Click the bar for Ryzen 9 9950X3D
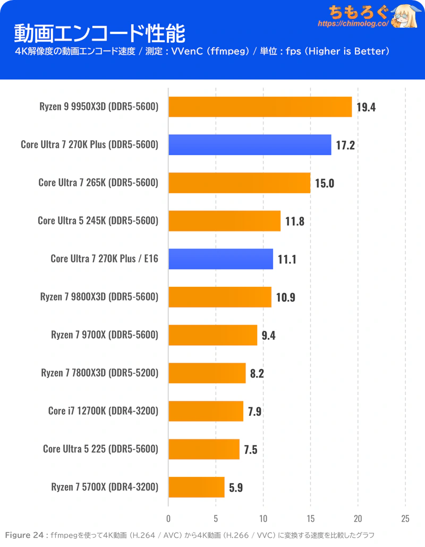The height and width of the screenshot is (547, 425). [x=260, y=107]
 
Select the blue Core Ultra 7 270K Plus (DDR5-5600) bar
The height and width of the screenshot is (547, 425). [x=250, y=145]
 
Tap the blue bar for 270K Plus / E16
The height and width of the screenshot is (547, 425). [x=220, y=259]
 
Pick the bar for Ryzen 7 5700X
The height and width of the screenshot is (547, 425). [x=197, y=487]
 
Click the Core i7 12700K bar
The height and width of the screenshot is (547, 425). [x=206, y=411]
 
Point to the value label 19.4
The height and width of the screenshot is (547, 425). [x=366, y=107]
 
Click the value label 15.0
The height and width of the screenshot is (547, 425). [x=325, y=183]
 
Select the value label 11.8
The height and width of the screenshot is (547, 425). [x=294, y=221]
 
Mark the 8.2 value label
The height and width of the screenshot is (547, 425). [x=257, y=373]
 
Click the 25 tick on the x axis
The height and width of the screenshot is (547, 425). [x=405, y=518]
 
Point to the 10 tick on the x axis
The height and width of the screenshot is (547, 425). [x=263, y=518]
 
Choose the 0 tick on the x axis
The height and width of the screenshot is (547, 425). [x=168, y=518]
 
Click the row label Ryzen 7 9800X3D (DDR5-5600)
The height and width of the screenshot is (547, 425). [x=99, y=297]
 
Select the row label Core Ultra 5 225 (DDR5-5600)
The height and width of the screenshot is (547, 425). [x=100, y=449]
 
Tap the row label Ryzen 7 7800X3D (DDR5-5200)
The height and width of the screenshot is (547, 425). [x=99, y=373]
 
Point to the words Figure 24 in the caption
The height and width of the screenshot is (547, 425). [x=24, y=535]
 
